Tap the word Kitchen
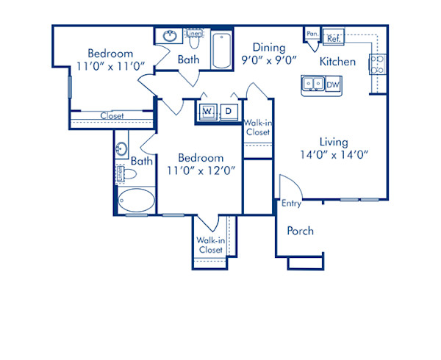pyautogui.click(x=337, y=62)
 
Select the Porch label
pyautogui.click(x=300, y=231)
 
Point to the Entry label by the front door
pyautogui.click(x=291, y=204)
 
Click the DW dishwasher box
pyautogui.click(x=333, y=84)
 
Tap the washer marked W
pyautogui.click(x=207, y=111)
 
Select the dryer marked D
pyautogui.click(x=229, y=111)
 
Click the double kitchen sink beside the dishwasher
pyautogui.click(x=312, y=84)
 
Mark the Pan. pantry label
pyautogui.click(x=312, y=34)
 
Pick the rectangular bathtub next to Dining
pyautogui.click(x=221, y=49)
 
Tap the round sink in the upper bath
pyautogui.click(x=168, y=36)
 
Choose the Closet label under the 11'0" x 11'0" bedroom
pyautogui.click(x=112, y=116)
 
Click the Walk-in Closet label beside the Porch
pyautogui.click(x=210, y=245)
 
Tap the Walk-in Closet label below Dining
pyautogui.click(x=257, y=128)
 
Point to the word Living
pyautogui.click(x=333, y=142)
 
